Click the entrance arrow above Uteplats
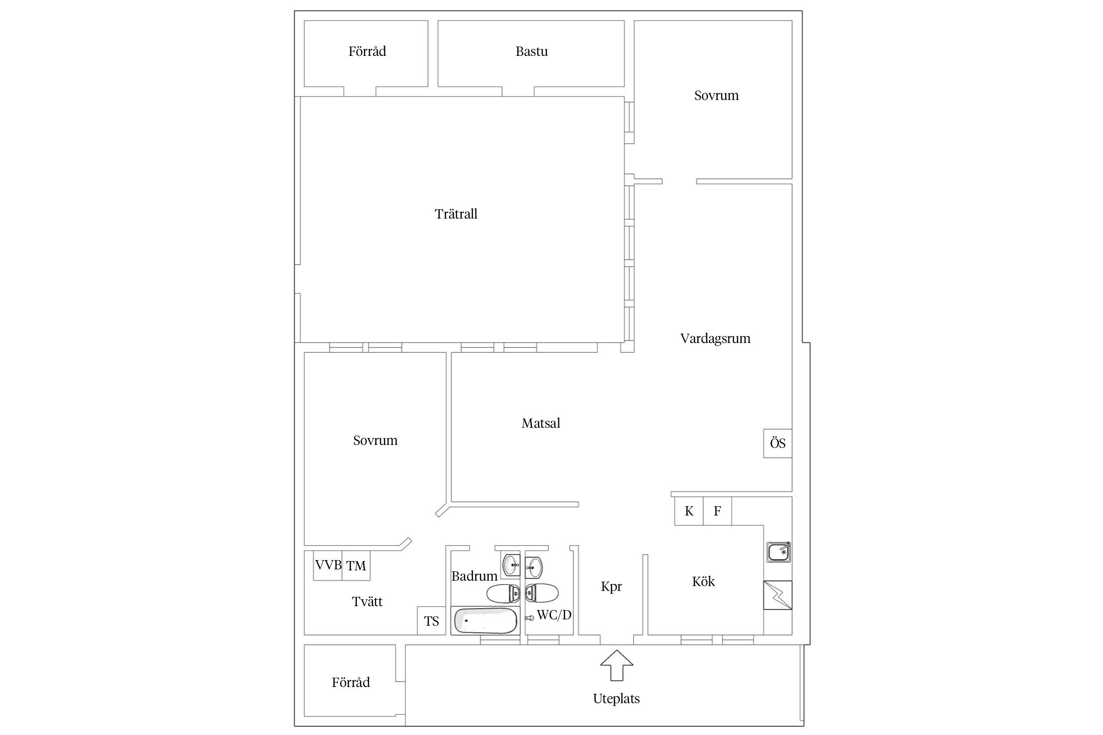[617, 665]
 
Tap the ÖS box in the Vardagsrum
[777, 443]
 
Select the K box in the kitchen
[689, 511]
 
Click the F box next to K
[717, 511]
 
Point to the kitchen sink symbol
[778, 552]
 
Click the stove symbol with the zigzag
[777, 595]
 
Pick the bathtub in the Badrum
[485, 621]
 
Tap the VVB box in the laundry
[328, 565]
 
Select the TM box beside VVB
[356, 565]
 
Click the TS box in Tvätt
[431, 621]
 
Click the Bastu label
[531, 51]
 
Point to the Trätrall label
[456, 214]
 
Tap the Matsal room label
[541, 423]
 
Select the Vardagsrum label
[715, 339]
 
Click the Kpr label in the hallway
[611, 587]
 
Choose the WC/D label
[554, 615]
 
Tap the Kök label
[703, 582]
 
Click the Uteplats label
[616, 699]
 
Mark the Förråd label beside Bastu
[367, 51]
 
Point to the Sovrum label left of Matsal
[375, 441]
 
